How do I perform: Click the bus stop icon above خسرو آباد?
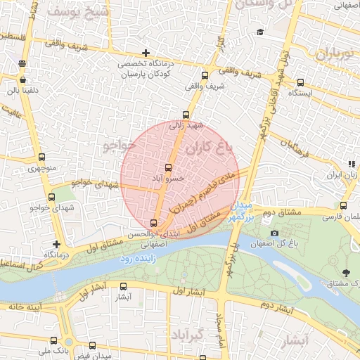click(x=167, y=168)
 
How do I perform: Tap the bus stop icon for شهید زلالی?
click(x=186, y=115)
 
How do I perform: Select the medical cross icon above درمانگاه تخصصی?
click(x=146, y=53)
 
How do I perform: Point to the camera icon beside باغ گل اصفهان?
click(x=274, y=233)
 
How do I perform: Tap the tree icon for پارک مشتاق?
click(x=345, y=272)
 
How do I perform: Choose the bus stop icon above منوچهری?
click(x=41, y=157)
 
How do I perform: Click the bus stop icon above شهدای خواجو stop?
click(x=51, y=198)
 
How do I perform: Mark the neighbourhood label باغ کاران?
click(x=209, y=148)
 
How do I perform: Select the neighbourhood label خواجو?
click(x=117, y=145)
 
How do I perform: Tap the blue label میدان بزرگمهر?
click(x=240, y=212)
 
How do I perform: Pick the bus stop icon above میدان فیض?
click(x=92, y=345)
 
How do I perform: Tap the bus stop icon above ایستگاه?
click(x=301, y=82)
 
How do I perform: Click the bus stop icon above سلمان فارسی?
click(x=343, y=206)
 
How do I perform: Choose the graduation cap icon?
click(x=260, y=32)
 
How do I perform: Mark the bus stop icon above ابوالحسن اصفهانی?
click(x=154, y=224)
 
